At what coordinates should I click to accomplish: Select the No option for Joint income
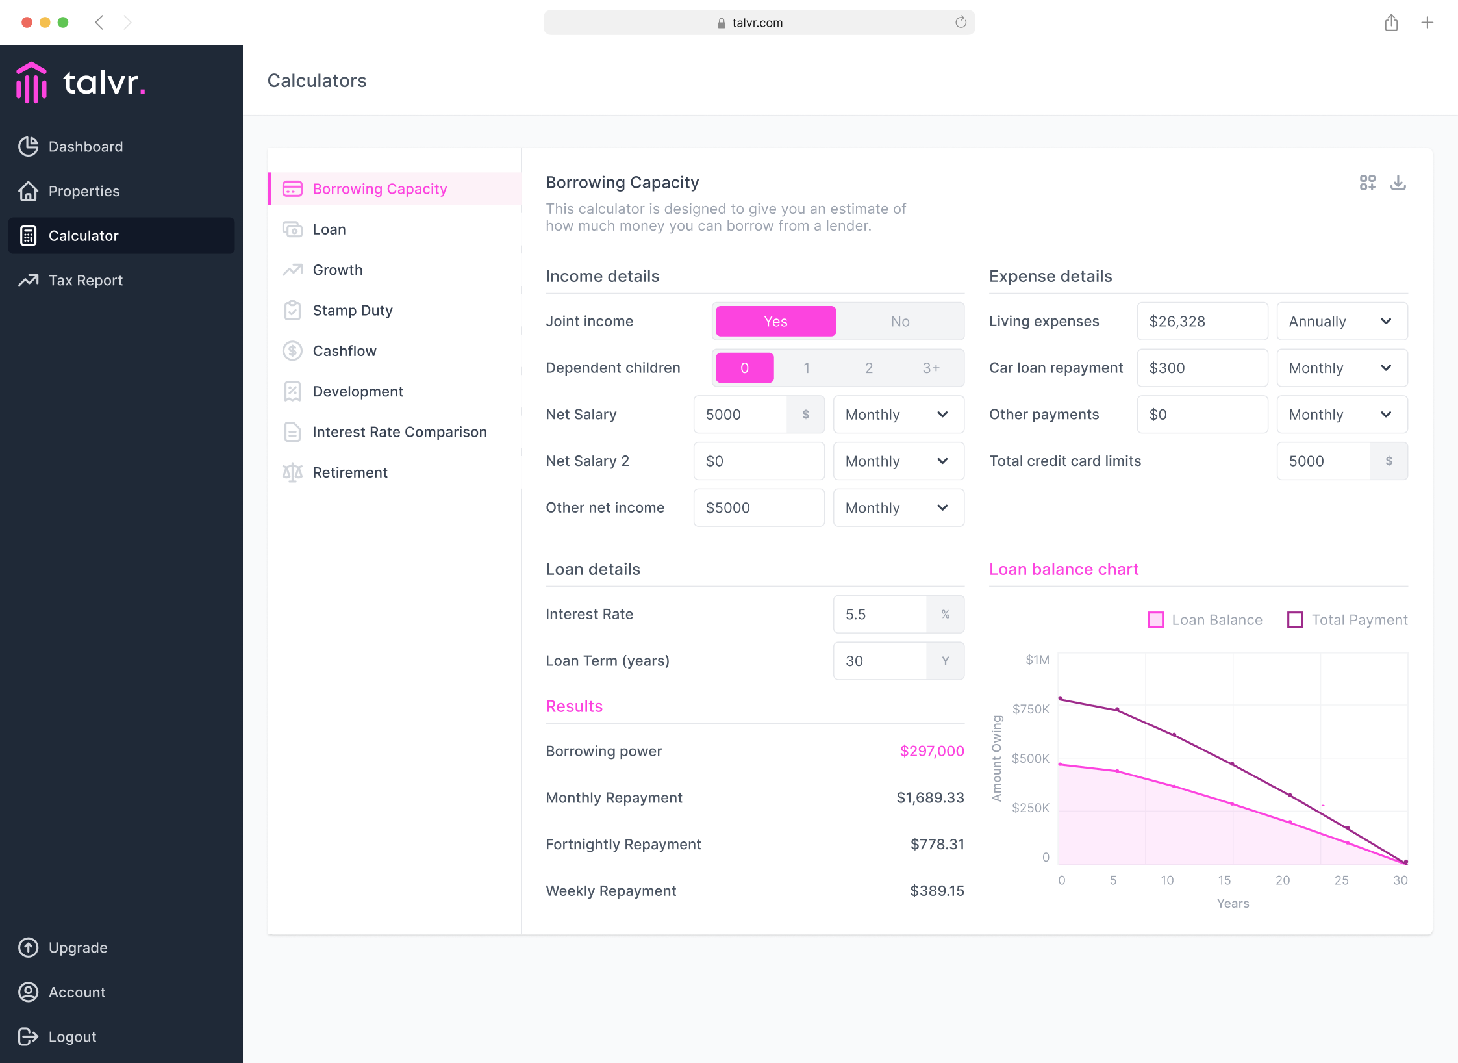coord(899,322)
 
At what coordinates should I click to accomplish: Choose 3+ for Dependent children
coord(931,368)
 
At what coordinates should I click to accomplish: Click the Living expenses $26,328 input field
coord(1202,322)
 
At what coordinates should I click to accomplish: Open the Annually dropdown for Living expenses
coord(1342,322)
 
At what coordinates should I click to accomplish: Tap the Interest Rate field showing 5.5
coord(880,615)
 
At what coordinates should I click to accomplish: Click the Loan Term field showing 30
coord(880,661)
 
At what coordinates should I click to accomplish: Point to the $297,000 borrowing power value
coord(932,751)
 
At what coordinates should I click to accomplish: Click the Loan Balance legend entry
coord(1205,620)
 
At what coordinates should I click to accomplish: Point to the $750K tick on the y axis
coord(1031,709)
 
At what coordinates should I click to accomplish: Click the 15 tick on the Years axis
coord(1224,880)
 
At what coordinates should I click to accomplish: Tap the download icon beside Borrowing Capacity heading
coord(1398,183)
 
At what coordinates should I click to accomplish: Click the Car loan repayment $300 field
coord(1202,368)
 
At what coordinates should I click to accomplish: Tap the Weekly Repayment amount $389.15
coord(937,891)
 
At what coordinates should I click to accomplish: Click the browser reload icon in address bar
coord(961,23)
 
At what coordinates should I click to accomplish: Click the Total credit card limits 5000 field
coord(1324,461)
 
